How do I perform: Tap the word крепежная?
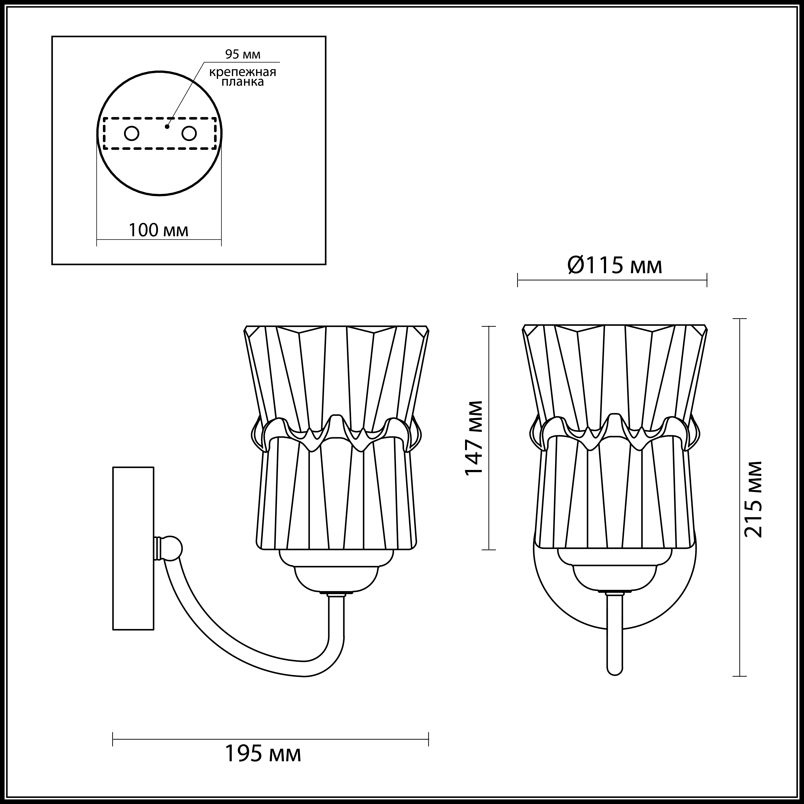(243, 72)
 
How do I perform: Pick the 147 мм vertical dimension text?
(474, 438)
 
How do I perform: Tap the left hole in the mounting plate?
(132, 134)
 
